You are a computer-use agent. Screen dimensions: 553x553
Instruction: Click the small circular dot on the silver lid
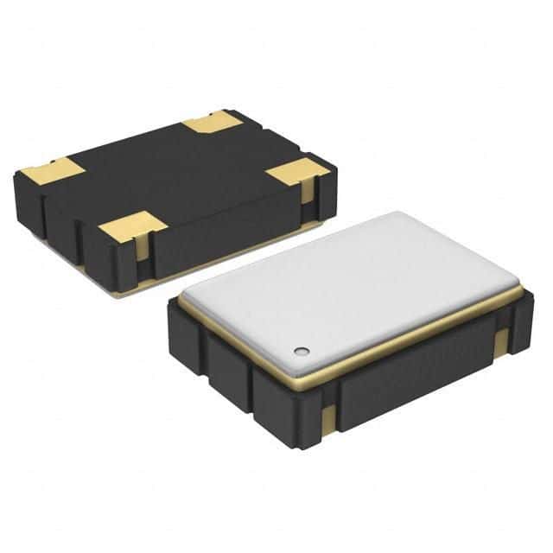pos(301,351)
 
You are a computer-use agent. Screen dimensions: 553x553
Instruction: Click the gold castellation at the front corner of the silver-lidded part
pos(328,421)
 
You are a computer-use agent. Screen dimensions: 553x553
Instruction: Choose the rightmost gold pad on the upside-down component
pos(294,172)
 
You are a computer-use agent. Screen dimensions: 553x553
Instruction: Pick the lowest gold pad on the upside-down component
pos(131,228)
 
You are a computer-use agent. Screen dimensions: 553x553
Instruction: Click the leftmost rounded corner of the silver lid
pos(186,299)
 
